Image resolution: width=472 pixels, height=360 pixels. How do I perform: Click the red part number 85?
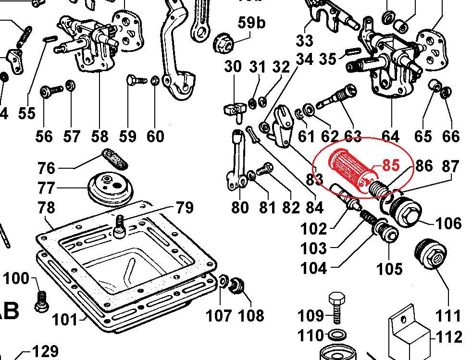[390, 165]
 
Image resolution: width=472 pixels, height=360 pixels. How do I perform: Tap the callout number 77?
[47, 188]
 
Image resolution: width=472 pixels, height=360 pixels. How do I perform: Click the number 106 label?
[448, 223]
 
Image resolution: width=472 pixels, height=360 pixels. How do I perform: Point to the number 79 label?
[184, 208]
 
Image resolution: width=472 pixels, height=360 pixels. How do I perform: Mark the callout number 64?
[390, 137]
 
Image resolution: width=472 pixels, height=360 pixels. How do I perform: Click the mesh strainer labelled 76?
[115, 159]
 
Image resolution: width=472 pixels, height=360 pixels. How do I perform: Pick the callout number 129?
[45, 352]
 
